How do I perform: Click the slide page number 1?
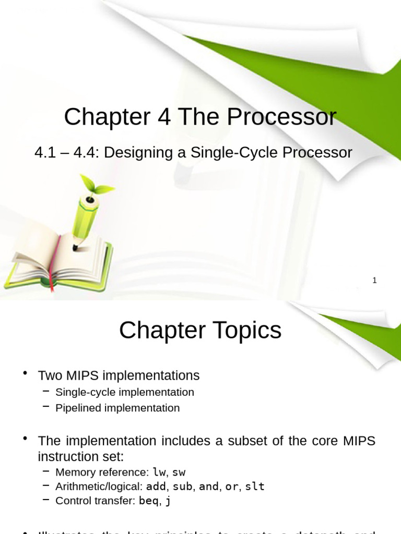(x=374, y=281)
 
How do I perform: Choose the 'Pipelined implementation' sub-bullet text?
(x=117, y=408)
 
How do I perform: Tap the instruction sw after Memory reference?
(x=179, y=472)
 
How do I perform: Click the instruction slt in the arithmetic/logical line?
(x=255, y=487)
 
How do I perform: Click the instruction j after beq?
(x=167, y=501)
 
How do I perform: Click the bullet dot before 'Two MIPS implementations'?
(x=25, y=372)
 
